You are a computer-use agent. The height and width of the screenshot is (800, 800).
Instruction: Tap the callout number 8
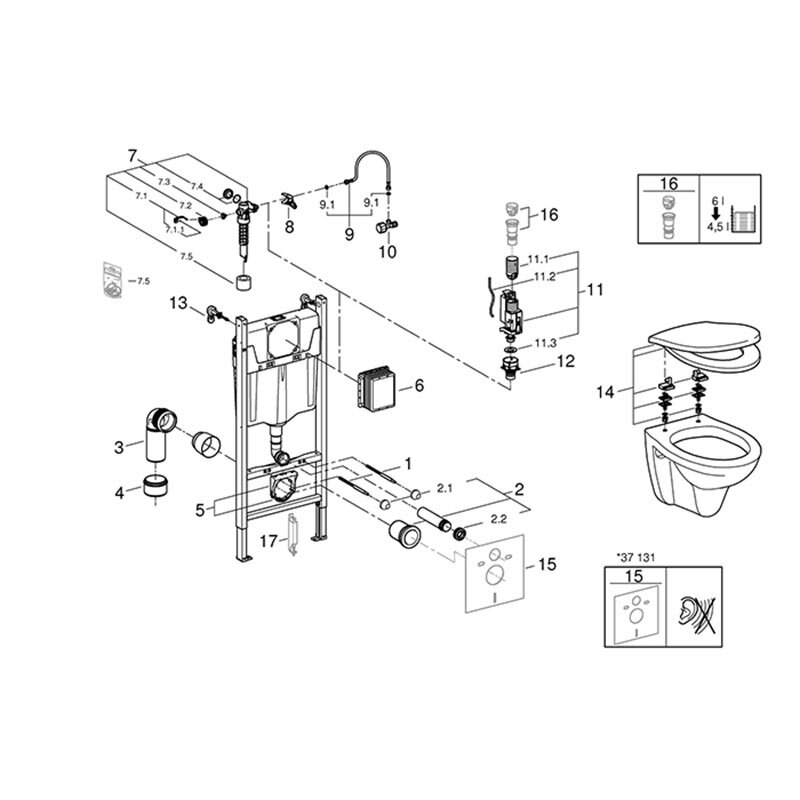click(x=289, y=227)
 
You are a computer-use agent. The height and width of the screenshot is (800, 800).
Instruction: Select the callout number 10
click(x=386, y=252)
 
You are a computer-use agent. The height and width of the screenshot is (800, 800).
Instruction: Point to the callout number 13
click(x=178, y=301)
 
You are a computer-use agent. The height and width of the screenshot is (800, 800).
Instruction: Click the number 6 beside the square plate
click(x=419, y=385)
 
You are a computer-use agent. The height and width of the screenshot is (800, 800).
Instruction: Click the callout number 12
click(x=565, y=362)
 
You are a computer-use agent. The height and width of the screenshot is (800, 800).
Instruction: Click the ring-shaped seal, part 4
click(x=155, y=488)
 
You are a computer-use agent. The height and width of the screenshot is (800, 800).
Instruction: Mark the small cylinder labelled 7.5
click(x=241, y=281)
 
